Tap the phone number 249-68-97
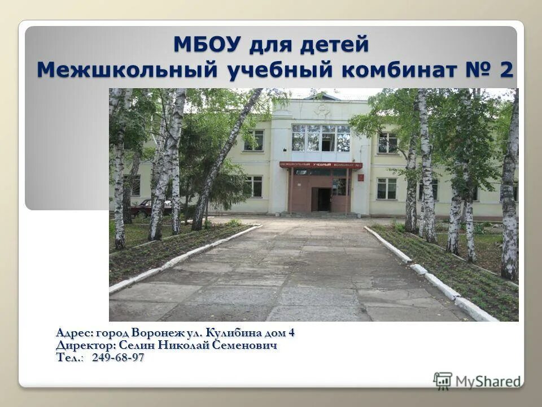118,357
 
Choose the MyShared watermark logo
478,380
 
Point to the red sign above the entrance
321,165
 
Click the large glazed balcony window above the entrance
321,138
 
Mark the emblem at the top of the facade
322,109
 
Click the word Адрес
75,332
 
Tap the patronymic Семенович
245,345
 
